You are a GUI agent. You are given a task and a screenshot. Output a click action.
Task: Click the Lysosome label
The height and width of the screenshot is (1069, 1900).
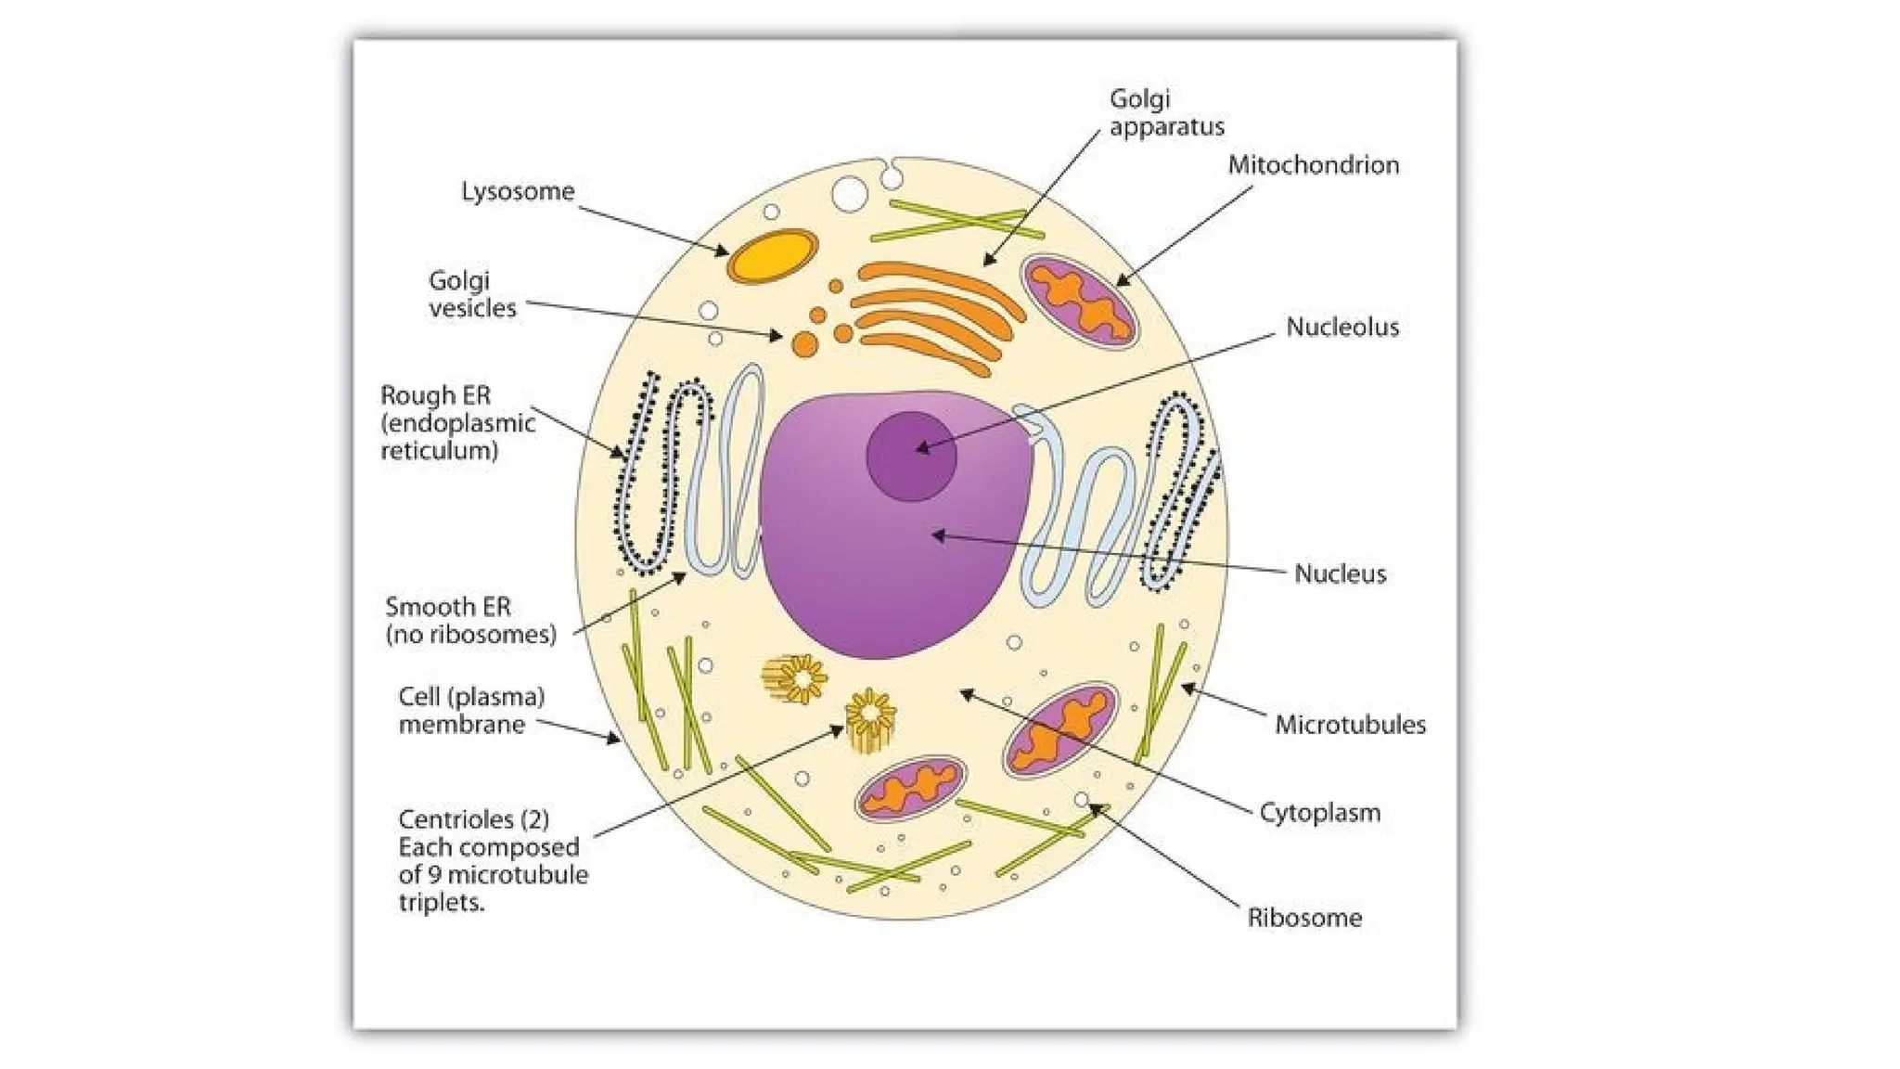[x=518, y=191]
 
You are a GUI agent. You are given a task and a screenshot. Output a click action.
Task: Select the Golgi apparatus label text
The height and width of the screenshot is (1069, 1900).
[x=1165, y=112]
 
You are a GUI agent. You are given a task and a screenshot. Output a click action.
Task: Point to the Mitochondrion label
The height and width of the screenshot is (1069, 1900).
[x=1313, y=165]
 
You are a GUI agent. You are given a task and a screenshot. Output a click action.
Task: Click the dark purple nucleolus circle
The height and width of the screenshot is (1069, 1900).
[x=911, y=457]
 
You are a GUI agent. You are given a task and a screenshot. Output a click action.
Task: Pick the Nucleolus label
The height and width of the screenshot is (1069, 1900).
[x=1342, y=327]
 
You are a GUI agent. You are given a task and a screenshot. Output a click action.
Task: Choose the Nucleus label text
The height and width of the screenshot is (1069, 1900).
[x=1340, y=573]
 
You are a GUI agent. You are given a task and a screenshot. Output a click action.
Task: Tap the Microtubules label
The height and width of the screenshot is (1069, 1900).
[x=1349, y=725]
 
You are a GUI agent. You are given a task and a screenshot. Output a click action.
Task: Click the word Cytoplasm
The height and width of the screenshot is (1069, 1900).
[x=1319, y=813]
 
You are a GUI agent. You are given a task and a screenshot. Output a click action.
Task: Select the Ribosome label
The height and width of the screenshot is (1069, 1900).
[x=1303, y=918]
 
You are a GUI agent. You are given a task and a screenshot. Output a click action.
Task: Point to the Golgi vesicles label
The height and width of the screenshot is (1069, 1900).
[x=471, y=294]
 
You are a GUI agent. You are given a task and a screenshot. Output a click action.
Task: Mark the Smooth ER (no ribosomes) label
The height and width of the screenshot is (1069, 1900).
[x=470, y=621]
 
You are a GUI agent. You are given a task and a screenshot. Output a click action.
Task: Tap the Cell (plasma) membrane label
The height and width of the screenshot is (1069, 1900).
[x=470, y=710]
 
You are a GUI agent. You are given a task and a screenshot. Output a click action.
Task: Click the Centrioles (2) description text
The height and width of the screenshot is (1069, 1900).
[x=492, y=860]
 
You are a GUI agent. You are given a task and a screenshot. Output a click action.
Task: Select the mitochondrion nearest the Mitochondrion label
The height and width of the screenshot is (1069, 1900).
[x=1079, y=303]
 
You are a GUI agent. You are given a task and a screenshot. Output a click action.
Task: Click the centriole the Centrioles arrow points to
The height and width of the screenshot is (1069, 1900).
[x=870, y=719]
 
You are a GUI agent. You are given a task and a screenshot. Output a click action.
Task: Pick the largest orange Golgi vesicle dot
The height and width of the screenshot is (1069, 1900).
[x=804, y=345]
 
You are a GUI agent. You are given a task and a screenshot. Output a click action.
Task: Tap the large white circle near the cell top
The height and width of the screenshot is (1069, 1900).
[x=850, y=195]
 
